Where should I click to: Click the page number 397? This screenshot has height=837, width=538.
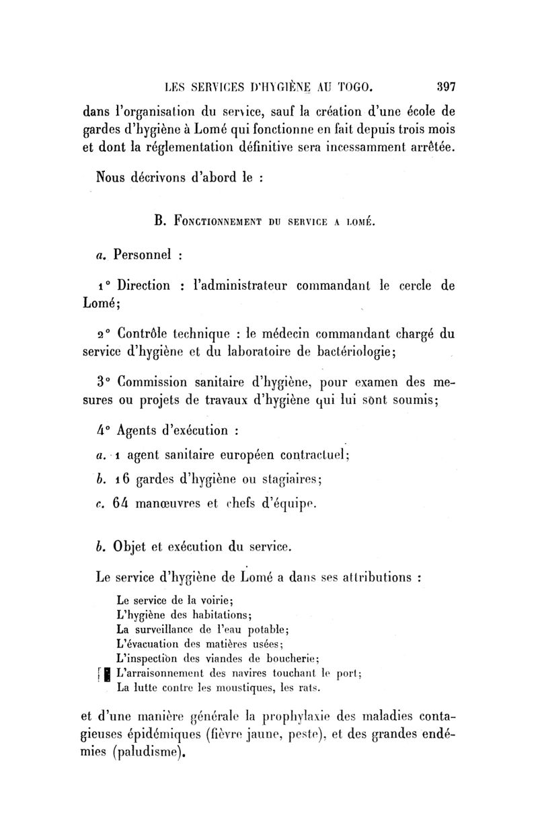tap(446, 86)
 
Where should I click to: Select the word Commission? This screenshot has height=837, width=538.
tap(156, 383)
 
